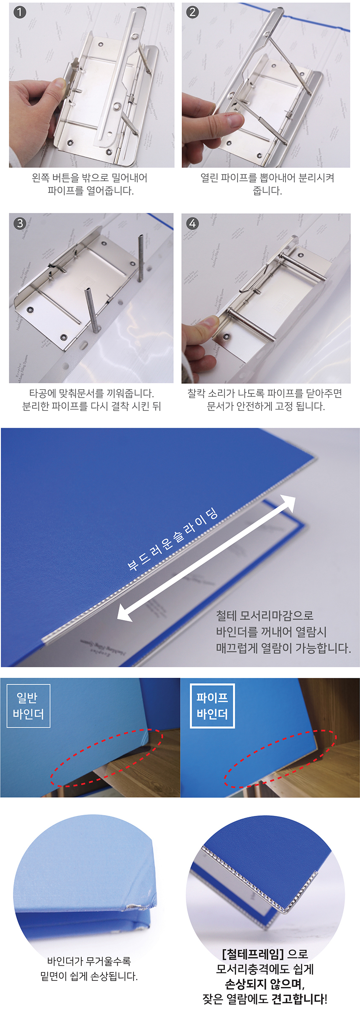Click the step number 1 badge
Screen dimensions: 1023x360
pos(19,12)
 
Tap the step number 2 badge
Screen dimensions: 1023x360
pos(192,12)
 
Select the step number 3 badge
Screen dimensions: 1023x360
pos(20,223)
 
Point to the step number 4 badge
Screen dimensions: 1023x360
pos(192,223)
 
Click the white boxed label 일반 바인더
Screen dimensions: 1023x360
pos(28,706)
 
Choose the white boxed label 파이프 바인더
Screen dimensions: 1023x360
pos(212,706)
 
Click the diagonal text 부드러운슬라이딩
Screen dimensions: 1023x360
pos(172,540)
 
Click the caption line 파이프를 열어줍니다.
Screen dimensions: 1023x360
pos(90,191)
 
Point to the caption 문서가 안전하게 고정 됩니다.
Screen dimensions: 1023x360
pos(265,406)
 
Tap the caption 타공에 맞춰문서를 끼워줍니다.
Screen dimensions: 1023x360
pos(91,393)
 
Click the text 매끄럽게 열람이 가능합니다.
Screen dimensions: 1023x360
pos(283,648)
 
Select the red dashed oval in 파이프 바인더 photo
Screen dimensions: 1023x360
pos(280,759)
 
